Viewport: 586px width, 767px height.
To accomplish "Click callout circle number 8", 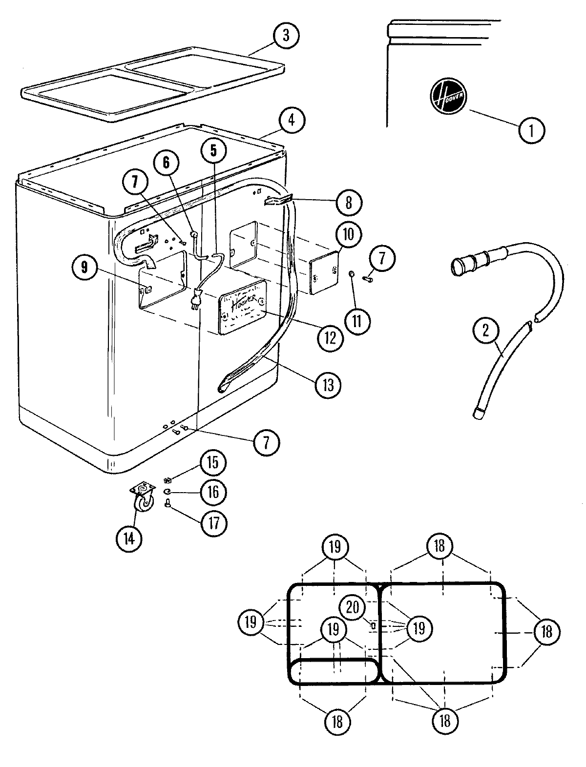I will click(x=348, y=202).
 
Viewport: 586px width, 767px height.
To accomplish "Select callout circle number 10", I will click(x=349, y=235).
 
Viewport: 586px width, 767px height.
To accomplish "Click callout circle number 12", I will click(x=331, y=336).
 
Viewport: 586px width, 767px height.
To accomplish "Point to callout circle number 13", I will click(x=328, y=385).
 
